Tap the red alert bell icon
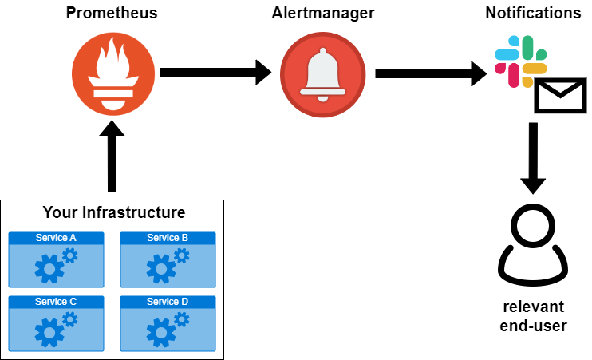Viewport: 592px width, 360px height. pos(322,74)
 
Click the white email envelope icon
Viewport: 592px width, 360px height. pos(560,96)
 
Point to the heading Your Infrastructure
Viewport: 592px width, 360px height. pos(113,212)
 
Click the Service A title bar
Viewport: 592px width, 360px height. pos(56,238)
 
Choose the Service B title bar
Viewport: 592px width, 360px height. pos(168,238)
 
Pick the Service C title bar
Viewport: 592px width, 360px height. pos(56,302)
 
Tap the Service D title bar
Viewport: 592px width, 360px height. pos(168,302)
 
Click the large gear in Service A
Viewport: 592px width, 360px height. pos(49,270)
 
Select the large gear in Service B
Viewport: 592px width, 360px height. pos(160,270)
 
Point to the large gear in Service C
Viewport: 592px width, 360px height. pos(49,333)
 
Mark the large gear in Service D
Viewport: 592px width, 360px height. pos(160,333)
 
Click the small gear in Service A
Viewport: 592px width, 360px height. pos(70,255)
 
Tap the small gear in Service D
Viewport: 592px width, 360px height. pos(182,319)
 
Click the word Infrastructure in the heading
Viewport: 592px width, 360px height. pos(133,212)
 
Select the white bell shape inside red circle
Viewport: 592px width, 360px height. pos(322,74)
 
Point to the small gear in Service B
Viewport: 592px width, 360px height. pos(182,255)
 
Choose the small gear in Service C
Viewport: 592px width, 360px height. pos(70,319)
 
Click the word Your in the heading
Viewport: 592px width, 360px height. pos(60,212)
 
